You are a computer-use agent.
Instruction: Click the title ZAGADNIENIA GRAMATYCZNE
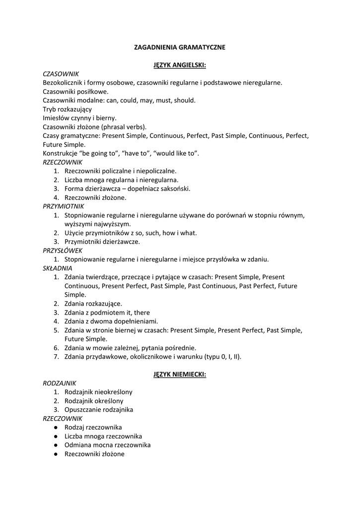pyautogui.click(x=180, y=47)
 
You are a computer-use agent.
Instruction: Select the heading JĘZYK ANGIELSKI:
pyautogui.click(x=180, y=65)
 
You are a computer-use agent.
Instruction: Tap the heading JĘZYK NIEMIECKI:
pyautogui.click(x=180, y=374)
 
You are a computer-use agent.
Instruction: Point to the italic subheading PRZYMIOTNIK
pyautogui.click(x=64, y=206)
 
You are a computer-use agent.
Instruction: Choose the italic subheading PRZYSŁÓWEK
pyautogui.click(x=63, y=251)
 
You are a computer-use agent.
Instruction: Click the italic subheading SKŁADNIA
pyautogui.click(x=58, y=268)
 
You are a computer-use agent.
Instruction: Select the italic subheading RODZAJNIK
pyautogui.click(x=60, y=383)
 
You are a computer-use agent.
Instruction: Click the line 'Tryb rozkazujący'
pyautogui.click(x=67, y=109)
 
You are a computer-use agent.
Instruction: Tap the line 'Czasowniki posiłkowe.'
pyautogui.click(x=75, y=91)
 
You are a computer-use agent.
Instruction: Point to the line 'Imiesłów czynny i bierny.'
pyautogui.click(x=79, y=118)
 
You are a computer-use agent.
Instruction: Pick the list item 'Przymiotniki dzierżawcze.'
pyautogui.click(x=102, y=242)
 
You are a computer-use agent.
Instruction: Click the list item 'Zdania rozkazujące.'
pyautogui.click(x=93, y=304)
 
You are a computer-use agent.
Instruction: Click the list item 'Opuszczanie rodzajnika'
pyautogui.click(x=99, y=410)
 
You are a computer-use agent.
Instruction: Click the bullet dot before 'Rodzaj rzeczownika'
pyautogui.click(x=58, y=427)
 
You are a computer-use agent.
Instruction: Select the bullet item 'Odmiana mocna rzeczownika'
pyautogui.click(x=108, y=445)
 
